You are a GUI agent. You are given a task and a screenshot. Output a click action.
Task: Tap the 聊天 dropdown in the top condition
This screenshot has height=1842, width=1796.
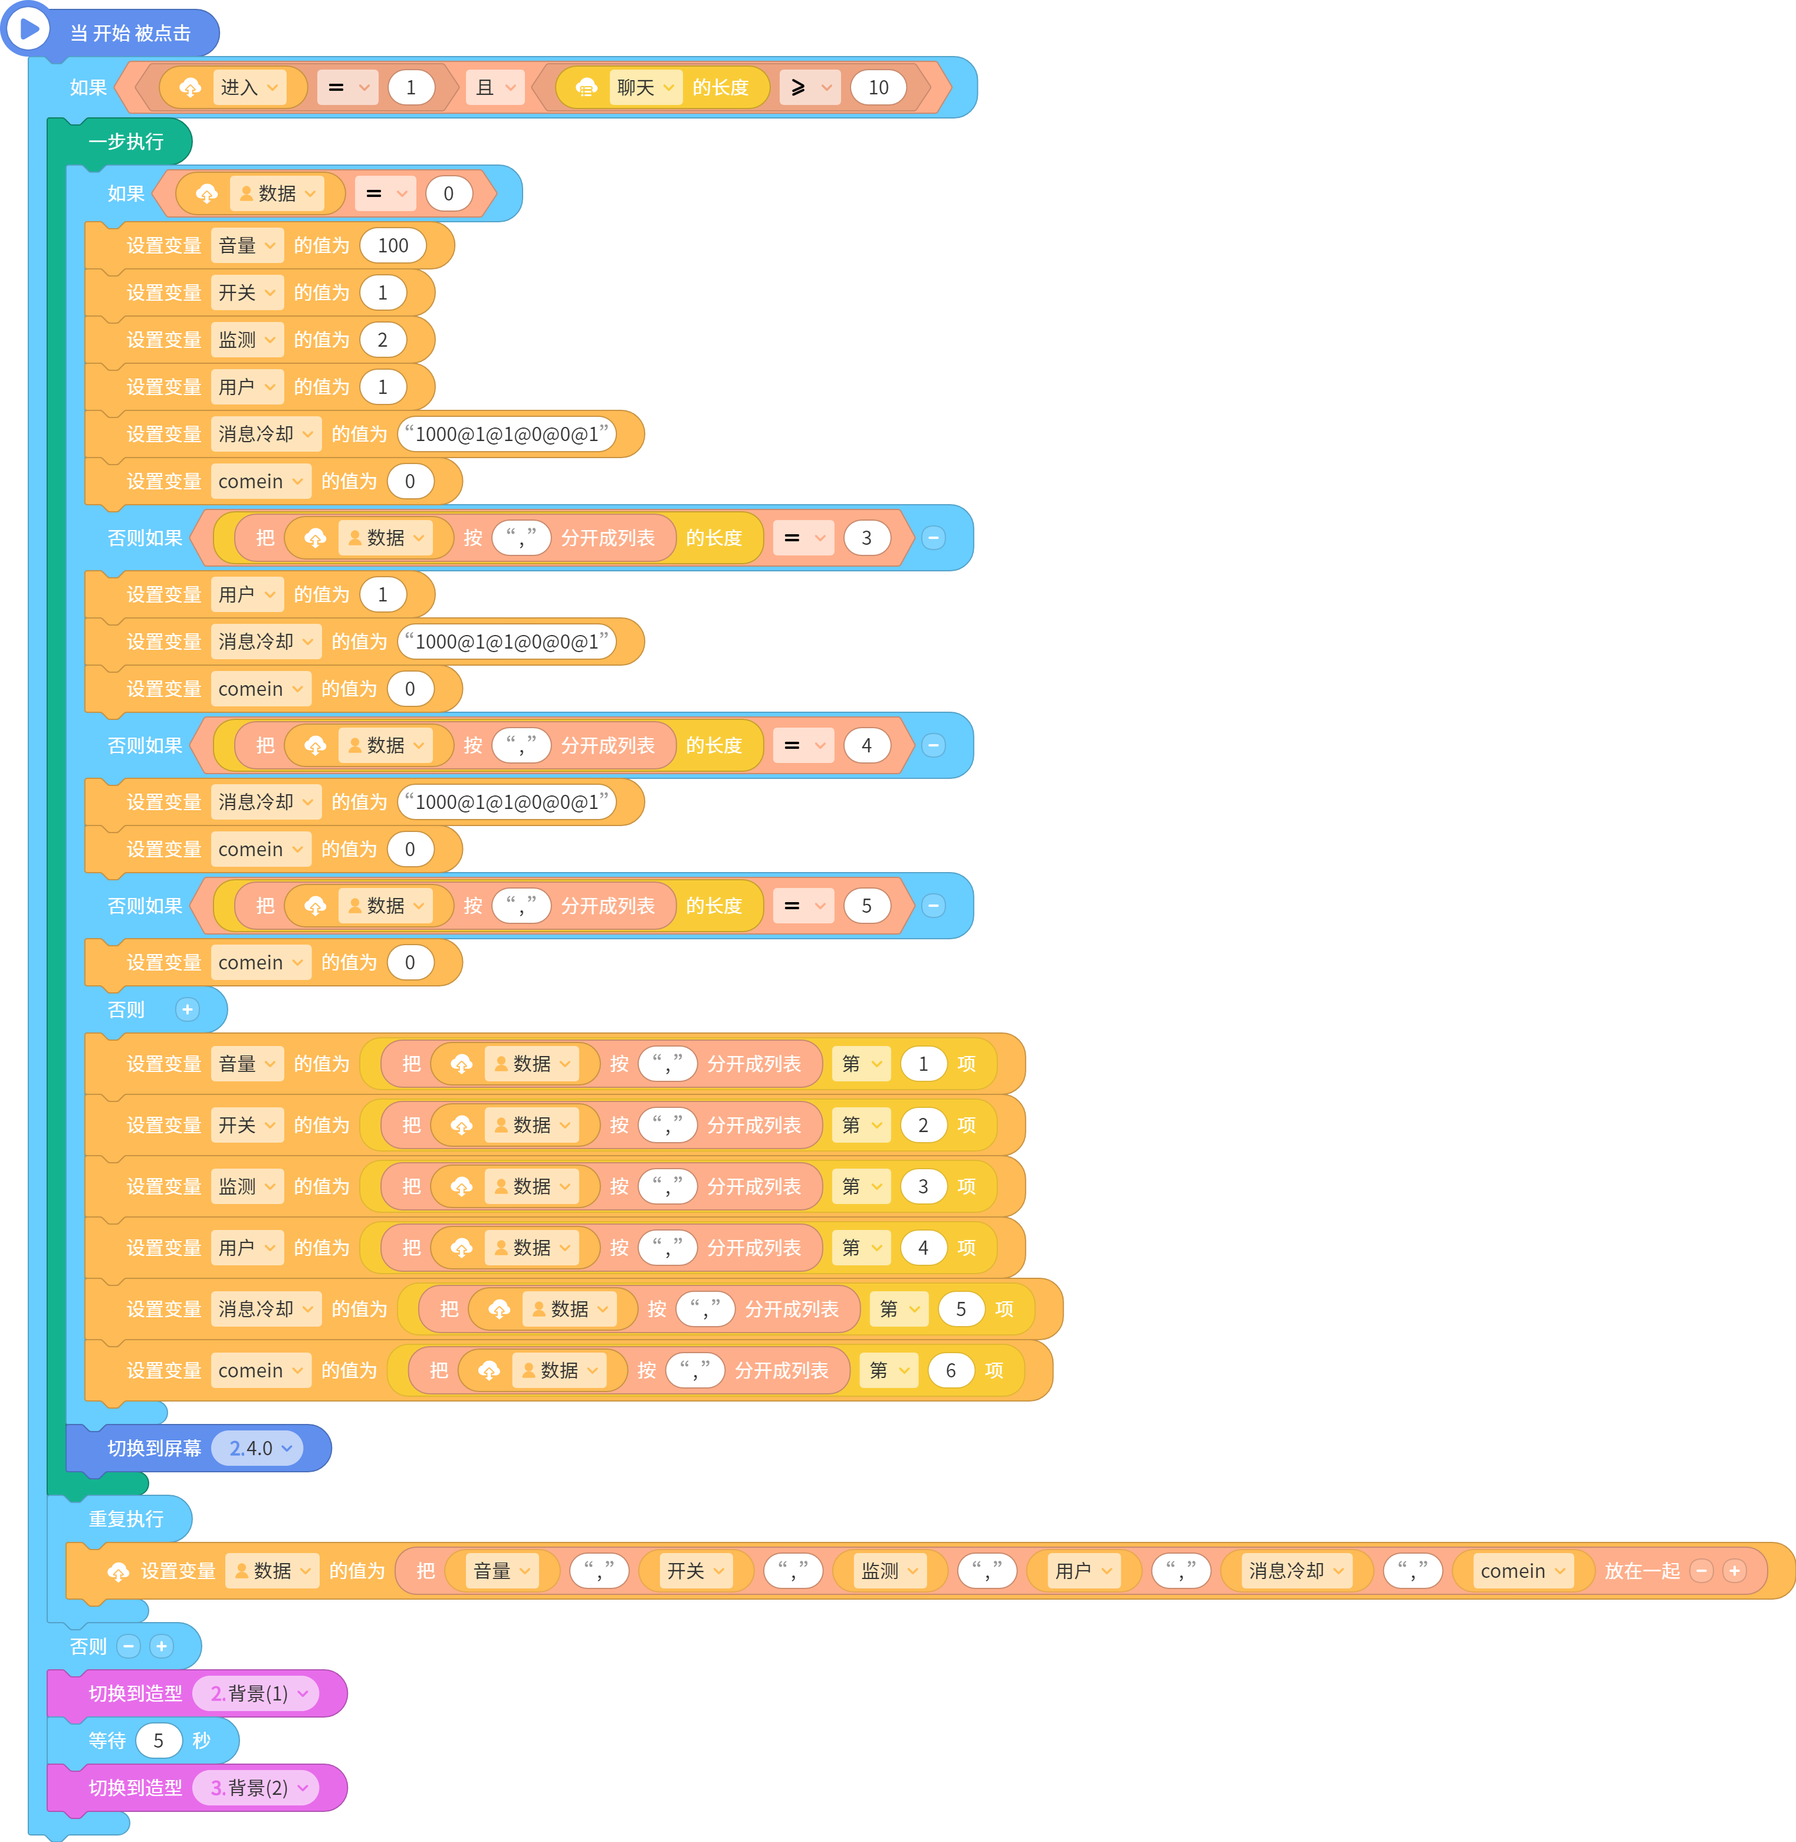pyautogui.click(x=645, y=88)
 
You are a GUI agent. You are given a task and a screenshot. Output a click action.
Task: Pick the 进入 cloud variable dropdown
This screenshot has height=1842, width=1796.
pyautogui.click(x=249, y=88)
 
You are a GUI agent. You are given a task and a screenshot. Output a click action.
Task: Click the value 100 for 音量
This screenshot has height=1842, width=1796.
pyautogui.click(x=392, y=245)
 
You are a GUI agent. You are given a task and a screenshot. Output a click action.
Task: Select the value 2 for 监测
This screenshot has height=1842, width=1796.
pyautogui.click(x=383, y=340)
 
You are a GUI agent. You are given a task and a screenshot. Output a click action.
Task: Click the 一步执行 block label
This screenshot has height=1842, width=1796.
pyautogui.click(x=126, y=142)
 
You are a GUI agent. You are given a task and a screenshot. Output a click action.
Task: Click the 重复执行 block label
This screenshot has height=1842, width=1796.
pyautogui.click(x=126, y=1518)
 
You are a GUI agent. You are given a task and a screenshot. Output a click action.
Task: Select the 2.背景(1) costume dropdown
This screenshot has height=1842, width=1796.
pyautogui.click(x=257, y=1693)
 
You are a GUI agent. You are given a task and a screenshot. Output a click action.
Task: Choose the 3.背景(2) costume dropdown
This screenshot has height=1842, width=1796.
pyautogui.click(x=257, y=1787)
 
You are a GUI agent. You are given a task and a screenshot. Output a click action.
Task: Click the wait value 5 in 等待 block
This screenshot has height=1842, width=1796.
pyautogui.click(x=159, y=1740)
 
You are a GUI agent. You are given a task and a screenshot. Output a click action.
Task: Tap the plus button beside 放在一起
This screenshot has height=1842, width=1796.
pyautogui.click(x=1733, y=1570)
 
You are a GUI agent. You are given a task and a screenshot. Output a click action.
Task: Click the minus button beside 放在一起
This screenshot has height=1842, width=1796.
pyautogui.click(x=1702, y=1570)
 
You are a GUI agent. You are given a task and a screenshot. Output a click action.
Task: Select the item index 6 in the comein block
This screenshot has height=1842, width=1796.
pyautogui.click(x=951, y=1370)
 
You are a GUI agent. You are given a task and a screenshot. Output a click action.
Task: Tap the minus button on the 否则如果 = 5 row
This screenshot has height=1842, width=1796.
pyautogui.click(x=934, y=906)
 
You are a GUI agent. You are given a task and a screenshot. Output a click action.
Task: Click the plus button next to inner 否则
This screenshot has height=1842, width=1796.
pyautogui.click(x=188, y=1009)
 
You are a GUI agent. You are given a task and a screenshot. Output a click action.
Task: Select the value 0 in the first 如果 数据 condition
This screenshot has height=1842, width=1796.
pyautogui.click(x=449, y=193)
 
